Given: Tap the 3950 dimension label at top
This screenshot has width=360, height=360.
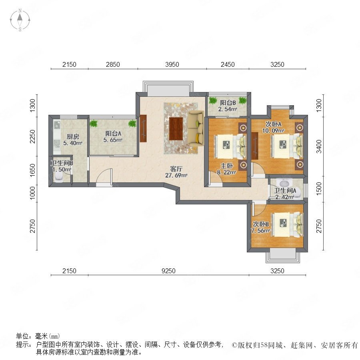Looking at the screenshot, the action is click(172, 64).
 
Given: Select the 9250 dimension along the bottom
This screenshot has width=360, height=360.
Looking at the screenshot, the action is click(168, 271).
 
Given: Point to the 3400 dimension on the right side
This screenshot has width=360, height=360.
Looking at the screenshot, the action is click(319, 146).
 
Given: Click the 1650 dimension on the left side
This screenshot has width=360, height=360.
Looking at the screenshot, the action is click(33, 170).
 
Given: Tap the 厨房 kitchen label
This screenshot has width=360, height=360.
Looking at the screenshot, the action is click(73, 137).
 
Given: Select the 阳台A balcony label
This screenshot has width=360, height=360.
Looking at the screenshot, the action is click(113, 133).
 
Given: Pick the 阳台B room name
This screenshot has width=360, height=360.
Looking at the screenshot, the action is click(228, 103).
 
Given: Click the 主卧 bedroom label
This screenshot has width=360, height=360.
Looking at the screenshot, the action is click(227, 166).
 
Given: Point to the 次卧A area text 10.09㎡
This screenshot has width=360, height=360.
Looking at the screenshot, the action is click(274, 131).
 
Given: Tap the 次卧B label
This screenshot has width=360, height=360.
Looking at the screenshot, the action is click(261, 224).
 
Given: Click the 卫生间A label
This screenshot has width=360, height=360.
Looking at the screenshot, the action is click(285, 190).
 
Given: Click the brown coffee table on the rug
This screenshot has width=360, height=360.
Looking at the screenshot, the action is click(176, 128).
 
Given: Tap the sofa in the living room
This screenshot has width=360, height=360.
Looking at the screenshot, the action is click(196, 128).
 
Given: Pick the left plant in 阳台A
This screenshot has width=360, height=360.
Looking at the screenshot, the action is click(94, 124).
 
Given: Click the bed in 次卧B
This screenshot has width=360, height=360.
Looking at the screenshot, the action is click(287, 225).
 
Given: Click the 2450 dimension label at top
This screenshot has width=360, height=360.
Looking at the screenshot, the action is click(228, 64).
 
